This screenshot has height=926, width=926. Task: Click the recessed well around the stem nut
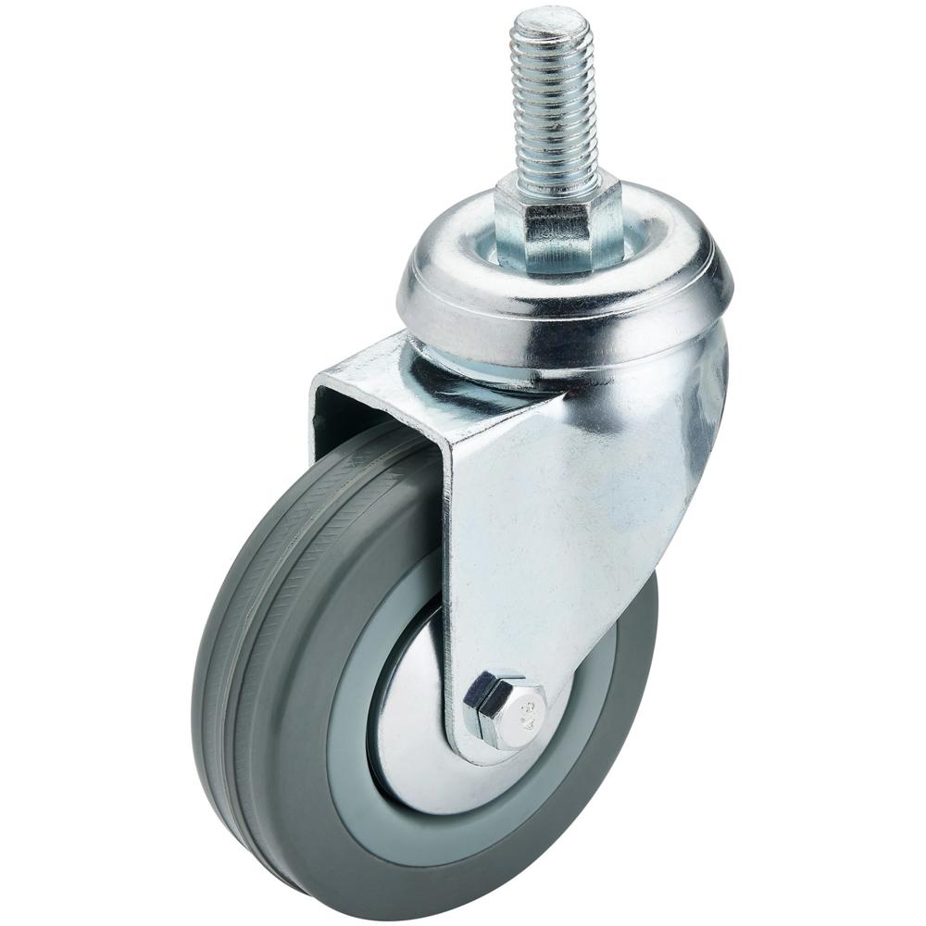[639, 231]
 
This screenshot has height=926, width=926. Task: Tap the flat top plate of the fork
[370, 370]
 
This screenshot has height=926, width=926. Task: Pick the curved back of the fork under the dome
[704, 389]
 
